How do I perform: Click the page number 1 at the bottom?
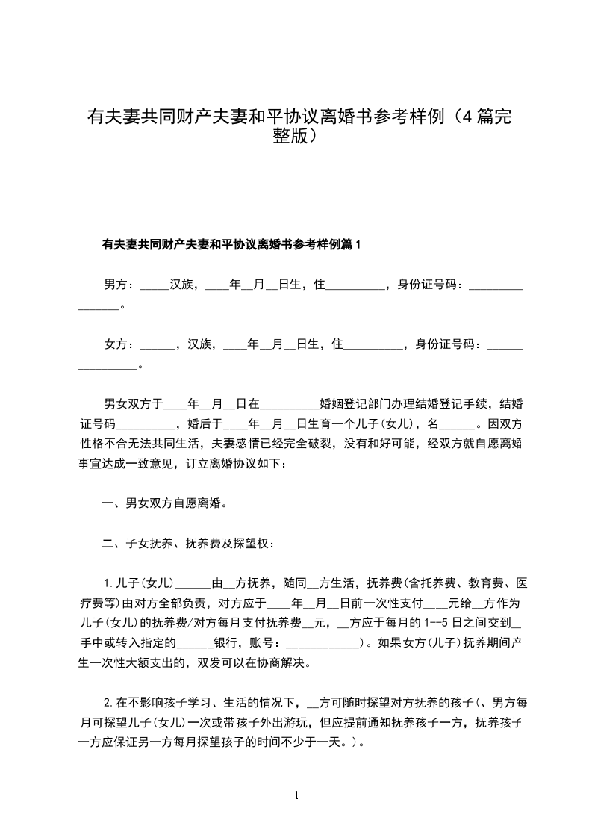(297, 796)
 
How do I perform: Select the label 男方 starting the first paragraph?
(118, 284)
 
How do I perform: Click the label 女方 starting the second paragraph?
(118, 344)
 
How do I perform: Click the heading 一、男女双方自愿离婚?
(164, 503)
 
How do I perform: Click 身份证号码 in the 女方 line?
(445, 344)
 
